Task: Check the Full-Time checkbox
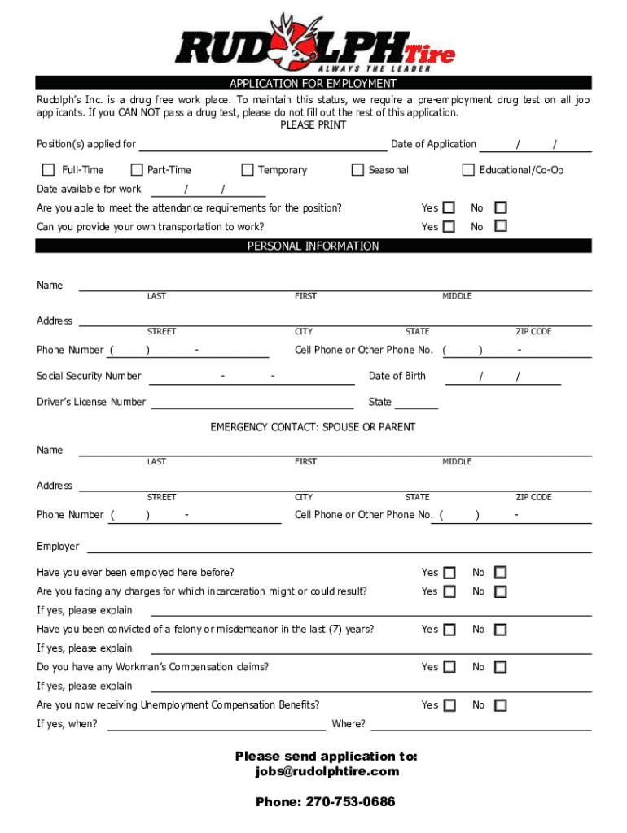[x=49, y=170]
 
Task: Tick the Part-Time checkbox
[x=137, y=170]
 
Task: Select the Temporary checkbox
[x=248, y=170]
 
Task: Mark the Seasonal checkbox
[x=357, y=170]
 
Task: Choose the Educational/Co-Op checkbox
[x=468, y=170]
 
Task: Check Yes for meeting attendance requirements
[x=449, y=207]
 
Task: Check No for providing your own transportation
[x=501, y=226]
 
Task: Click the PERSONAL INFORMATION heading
[x=313, y=246]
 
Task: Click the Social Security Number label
[x=89, y=376]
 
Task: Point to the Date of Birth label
[x=397, y=376]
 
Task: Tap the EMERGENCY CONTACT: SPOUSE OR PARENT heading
[x=313, y=427]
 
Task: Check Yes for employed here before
[x=449, y=573]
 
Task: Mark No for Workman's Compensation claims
[x=501, y=667]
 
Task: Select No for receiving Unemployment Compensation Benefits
[x=501, y=705]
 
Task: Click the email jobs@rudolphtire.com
[x=327, y=771]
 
